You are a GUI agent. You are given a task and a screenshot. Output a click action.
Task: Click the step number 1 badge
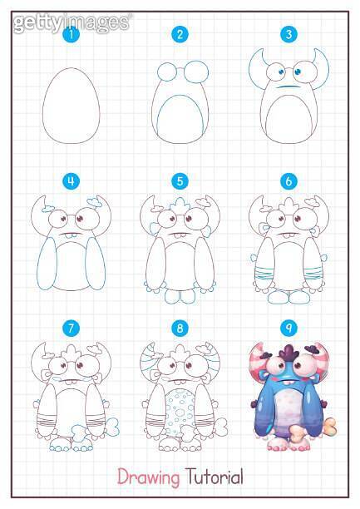73,35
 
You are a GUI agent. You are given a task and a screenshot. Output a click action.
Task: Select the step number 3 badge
288,35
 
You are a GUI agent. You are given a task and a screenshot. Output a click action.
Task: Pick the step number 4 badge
73,180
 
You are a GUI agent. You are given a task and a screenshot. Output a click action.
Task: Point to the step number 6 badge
288,180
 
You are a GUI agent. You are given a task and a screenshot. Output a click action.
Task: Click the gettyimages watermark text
70,20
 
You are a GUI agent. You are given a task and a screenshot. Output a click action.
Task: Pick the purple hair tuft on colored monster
287,354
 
